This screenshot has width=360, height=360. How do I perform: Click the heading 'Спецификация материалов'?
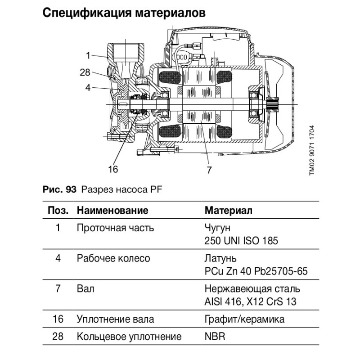coord(124,13)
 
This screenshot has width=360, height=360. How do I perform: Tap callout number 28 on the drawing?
coord(85,72)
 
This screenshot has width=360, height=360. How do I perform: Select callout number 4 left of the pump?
coord(89,88)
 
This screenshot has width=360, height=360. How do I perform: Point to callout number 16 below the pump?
coord(113,169)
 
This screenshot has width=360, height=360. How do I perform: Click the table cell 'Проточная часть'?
coord(116,228)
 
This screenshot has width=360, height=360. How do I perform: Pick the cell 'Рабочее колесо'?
coord(113,259)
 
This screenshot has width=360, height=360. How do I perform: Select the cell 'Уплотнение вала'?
coord(116,319)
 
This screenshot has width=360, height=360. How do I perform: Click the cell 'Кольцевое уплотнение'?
coord(129,337)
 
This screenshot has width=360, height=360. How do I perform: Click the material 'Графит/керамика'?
coord(244,319)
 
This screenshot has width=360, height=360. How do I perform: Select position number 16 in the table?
coord(58,319)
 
